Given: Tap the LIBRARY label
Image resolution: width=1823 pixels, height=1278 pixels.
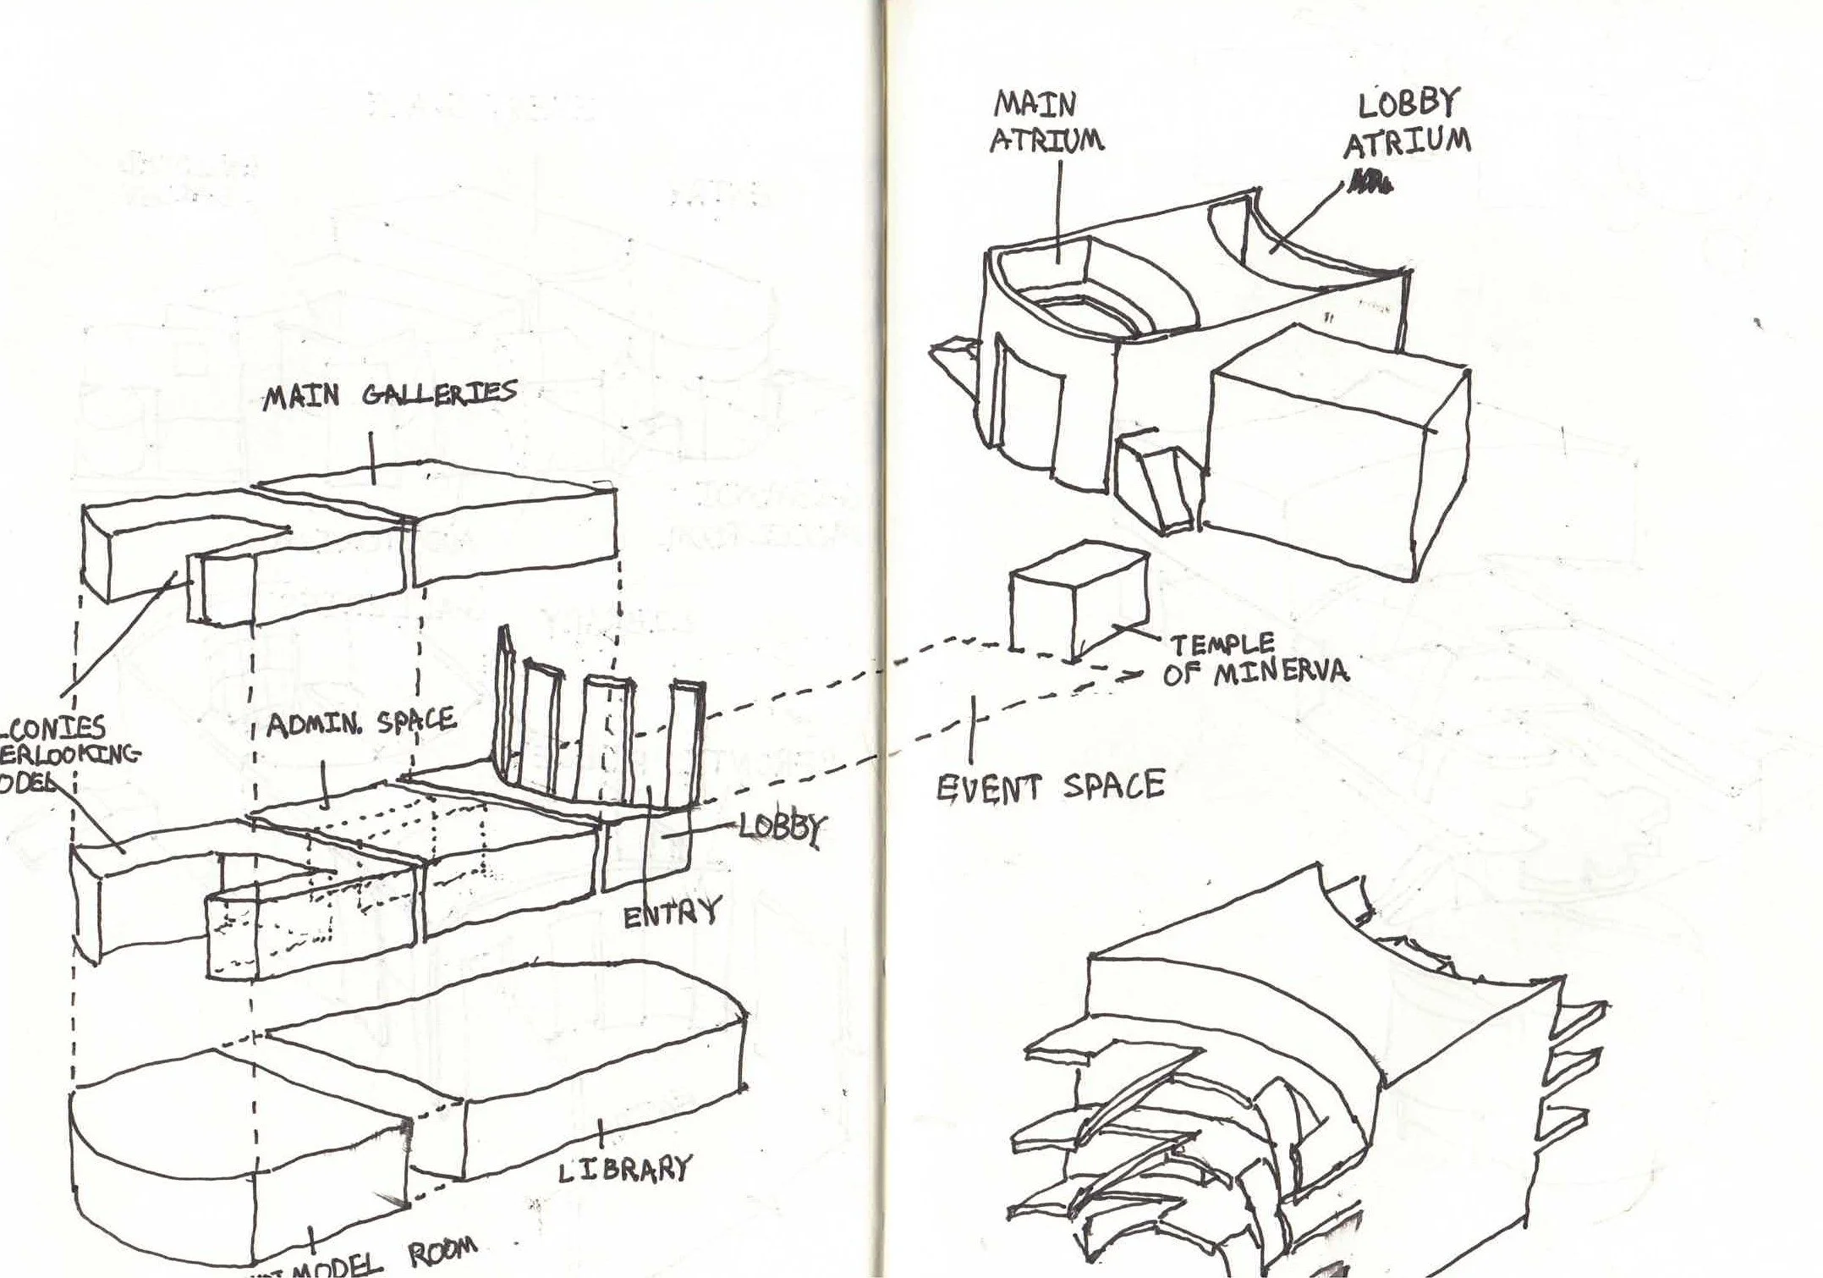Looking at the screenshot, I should pyautogui.click(x=624, y=1169).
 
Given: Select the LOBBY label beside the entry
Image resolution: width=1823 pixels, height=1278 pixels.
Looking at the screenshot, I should pyautogui.click(x=780, y=827).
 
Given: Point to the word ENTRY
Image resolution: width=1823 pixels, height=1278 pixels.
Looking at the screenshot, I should pyautogui.click(x=671, y=913).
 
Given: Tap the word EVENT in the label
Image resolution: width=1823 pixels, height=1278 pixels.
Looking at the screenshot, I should pyautogui.click(x=988, y=788).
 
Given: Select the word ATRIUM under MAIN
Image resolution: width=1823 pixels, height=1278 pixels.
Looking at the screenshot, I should pyautogui.click(x=1046, y=140).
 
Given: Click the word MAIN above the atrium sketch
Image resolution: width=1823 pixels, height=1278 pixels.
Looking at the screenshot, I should pyautogui.click(x=1035, y=104).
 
